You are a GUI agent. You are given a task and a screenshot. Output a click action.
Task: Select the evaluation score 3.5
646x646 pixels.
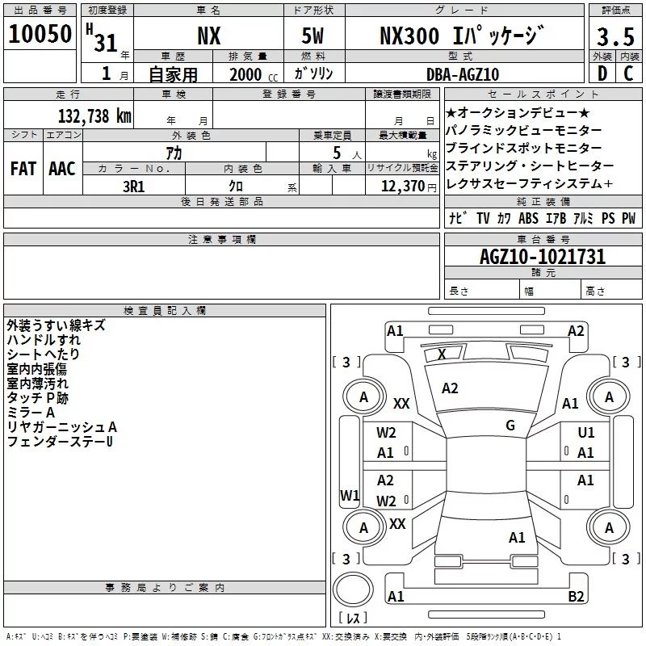pos(615,37)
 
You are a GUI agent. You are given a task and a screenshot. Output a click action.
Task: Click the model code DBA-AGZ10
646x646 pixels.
pos(463,74)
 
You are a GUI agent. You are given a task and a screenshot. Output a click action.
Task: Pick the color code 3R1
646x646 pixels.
pos(133,185)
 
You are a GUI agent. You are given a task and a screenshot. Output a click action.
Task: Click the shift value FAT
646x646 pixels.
pos(23,169)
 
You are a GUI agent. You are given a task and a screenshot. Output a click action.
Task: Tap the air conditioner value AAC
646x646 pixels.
pos(61,169)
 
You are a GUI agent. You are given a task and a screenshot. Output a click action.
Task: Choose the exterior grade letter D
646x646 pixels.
pos(602,74)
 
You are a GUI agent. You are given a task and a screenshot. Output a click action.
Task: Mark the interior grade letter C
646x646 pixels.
pos(629,74)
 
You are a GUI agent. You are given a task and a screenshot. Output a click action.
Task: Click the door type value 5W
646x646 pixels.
pos(314,36)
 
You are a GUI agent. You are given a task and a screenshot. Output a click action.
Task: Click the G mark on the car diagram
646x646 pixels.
pos(510,425)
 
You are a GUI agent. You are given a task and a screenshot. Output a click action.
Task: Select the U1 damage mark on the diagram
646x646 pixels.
pos(586,433)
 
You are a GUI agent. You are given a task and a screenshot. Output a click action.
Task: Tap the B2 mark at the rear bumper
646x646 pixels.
pos(576,597)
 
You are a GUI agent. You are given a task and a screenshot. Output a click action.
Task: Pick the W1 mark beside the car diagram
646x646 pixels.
pos(350,495)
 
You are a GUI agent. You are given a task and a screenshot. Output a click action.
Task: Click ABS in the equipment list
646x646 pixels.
pos(528,218)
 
